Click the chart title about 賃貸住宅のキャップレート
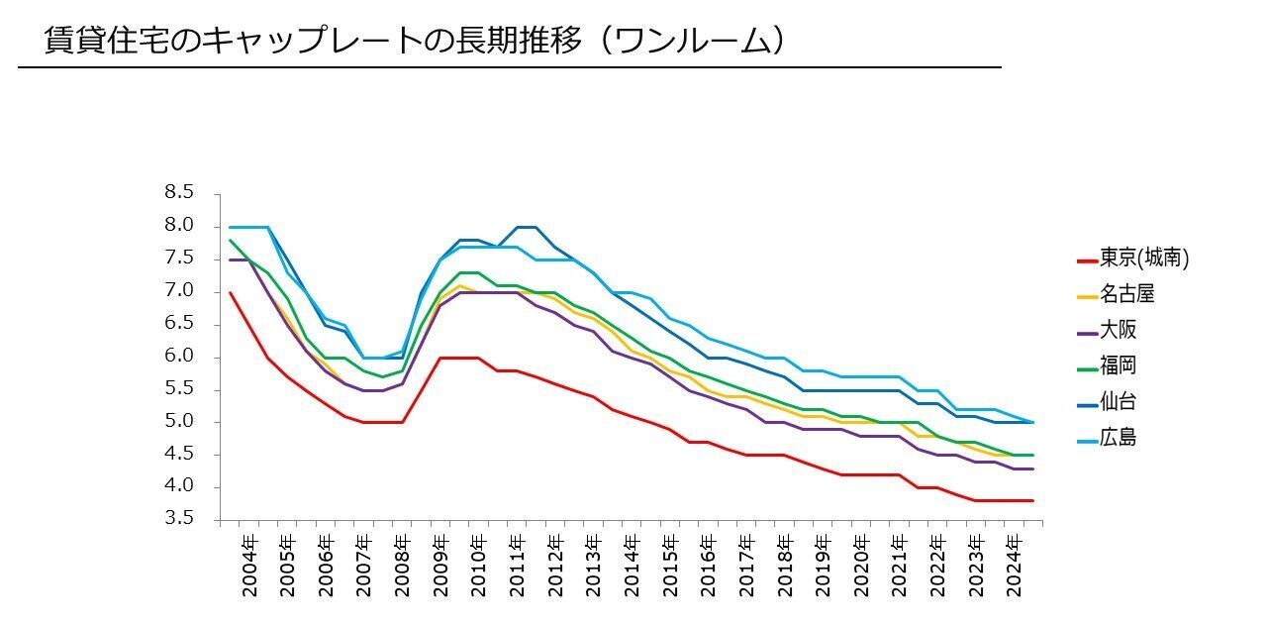[416, 41]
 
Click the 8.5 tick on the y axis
[179, 193]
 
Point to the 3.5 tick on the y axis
[179, 519]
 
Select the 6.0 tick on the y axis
[179, 357]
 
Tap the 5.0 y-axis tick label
[179, 422]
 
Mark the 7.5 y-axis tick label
[179, 259]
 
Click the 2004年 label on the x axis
[249, 567]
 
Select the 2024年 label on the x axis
[1015, 567]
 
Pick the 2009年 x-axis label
[440, 567]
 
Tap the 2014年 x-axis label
[632, 567]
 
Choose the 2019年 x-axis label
[823, 567]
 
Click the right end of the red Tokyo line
[1033, 500]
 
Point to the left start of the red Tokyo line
[230, 292]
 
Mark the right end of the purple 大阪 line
[1033, 468]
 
